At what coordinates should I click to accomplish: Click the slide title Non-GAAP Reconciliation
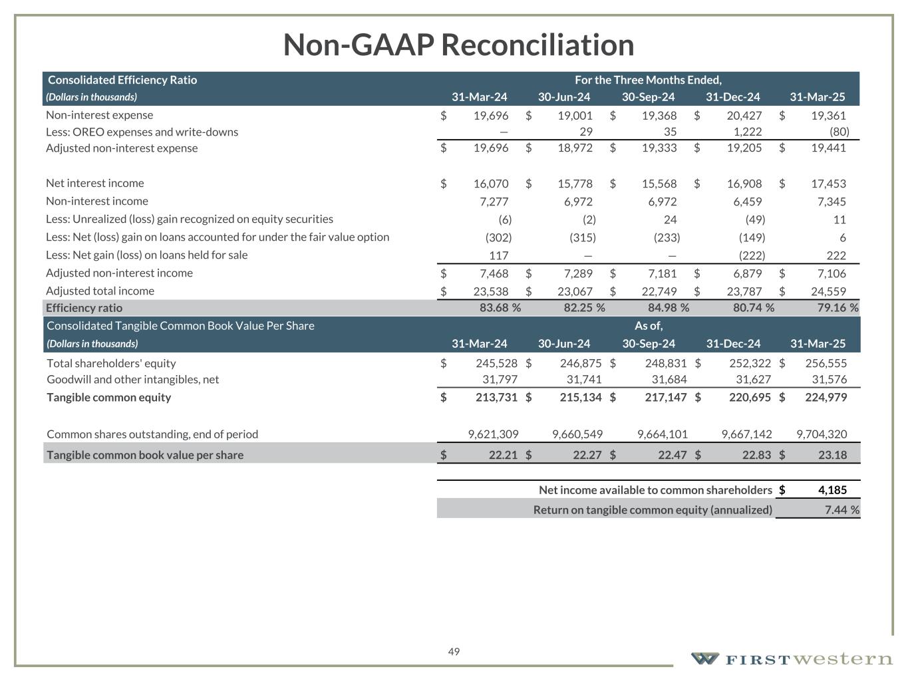(x=458, y=45)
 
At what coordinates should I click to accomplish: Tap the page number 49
(x=454, y=652)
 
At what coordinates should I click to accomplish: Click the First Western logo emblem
(x=704, y=658)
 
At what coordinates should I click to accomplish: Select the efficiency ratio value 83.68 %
(x=500, y=308)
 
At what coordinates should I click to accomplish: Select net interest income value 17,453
(x=828, y=184)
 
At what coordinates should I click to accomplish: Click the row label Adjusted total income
(x=100, y=291)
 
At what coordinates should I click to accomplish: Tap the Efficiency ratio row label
(x=84, y=308)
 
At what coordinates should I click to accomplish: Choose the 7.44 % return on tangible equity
(x=837, y=510)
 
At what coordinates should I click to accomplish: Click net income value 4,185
(x=832, y=490)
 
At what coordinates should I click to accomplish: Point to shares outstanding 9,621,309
(x=493, y=434)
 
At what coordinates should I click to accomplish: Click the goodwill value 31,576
(x=830, y=379)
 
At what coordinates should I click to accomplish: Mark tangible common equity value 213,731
(x=496, y=397)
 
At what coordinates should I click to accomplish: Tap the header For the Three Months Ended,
(x=648, y=80)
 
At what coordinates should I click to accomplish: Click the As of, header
(x=649, y=326)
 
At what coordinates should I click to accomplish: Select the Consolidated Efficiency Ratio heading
(x=122, y=80)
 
